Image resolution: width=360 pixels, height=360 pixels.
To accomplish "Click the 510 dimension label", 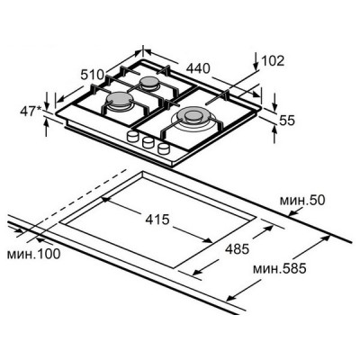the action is tap(92, 75).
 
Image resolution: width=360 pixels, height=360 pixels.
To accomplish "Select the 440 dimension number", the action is tap(198, 68).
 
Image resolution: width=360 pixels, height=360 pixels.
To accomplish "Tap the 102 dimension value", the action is tap(273, 61).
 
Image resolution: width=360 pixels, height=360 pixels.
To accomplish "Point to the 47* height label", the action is tap(31, 111).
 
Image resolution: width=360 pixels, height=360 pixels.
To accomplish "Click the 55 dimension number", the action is tap(287, 121).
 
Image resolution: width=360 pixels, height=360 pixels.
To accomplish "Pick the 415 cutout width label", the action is tap(157, 220).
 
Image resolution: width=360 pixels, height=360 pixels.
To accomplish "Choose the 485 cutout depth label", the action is tap(237, 249).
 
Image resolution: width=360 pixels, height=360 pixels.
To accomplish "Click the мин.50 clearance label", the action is tap(302, 201).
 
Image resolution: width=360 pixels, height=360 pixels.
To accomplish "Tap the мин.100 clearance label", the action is tap(33, 254).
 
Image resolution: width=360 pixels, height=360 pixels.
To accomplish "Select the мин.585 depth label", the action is tap(280, 268).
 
